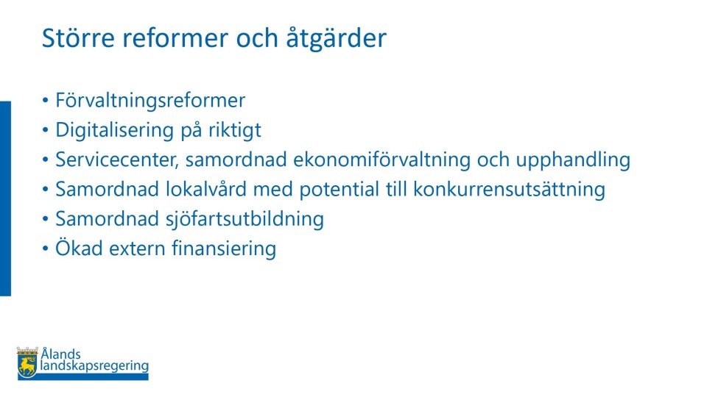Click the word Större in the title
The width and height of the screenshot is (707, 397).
coord(78,37)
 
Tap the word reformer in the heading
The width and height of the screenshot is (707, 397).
coord(176,37)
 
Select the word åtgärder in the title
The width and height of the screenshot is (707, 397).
coord(336,38)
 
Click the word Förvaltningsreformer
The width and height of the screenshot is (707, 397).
coord(150,100)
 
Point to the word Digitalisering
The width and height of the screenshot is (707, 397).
coord(115,130)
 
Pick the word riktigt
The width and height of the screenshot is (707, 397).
coord(234,130)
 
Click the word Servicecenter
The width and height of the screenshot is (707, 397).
coord(117,160)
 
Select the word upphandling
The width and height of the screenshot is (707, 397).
coord(573,160)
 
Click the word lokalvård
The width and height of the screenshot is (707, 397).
coord(206,189)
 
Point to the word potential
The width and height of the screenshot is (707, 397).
coord(339,190)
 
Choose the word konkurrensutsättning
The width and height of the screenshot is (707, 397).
coord(509,190)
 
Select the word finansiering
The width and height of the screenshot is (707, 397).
coord(224,249)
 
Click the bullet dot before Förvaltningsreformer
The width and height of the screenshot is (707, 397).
coord(45,101)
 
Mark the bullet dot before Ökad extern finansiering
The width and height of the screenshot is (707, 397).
coord(45,249)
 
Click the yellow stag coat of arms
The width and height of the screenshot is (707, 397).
coord(27,362)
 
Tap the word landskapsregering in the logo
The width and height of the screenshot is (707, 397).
coord(94,366)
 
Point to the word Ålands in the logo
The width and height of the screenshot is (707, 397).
coord(61,354)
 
